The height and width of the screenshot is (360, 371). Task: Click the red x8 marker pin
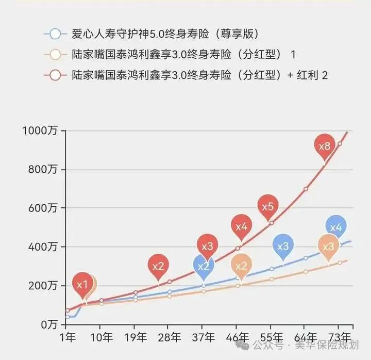325,146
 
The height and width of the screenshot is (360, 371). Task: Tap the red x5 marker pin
268,207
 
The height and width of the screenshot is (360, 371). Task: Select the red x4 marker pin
242,226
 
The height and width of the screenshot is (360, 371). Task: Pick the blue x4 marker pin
335,227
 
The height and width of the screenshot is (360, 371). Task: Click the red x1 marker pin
82,284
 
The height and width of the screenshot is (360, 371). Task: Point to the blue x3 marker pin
283,247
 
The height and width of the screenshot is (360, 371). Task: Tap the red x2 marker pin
158,267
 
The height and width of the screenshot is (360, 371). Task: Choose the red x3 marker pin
207,247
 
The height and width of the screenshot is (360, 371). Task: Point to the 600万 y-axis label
43,208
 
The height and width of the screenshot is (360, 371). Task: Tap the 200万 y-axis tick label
43,286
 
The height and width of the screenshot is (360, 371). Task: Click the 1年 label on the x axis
67,338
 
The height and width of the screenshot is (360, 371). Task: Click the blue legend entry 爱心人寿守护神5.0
165,35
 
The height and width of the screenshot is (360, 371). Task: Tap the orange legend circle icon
55,55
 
